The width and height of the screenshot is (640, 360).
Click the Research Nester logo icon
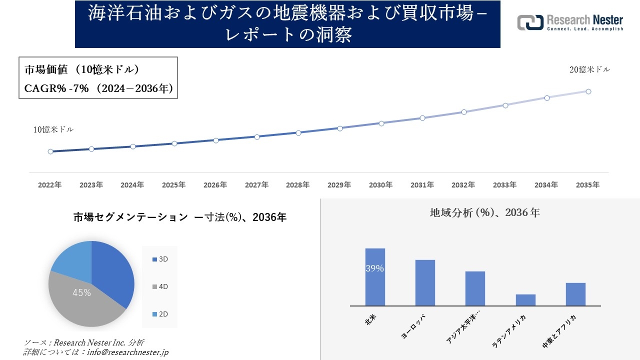tap(530, 22)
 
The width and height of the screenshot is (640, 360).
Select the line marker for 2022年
tap(50, 151)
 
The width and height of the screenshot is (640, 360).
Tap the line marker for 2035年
tap(588, 91)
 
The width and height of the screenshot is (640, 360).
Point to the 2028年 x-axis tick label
tap(298, 185)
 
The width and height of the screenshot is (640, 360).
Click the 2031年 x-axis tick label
tap(422, 185)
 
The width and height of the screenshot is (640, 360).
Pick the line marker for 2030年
tap(381, 123)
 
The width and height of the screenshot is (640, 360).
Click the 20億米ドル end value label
tap(589, 70)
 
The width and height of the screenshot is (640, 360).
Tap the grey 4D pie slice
tap(80, 300)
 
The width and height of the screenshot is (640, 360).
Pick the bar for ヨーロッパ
tap(425, 282)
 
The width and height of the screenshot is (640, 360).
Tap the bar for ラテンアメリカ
tap(525, 300)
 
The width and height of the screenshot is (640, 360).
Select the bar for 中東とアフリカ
tap(575, 294)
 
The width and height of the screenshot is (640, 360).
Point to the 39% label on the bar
tap(374, 268)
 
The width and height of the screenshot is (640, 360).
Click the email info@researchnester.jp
tap(127, 352)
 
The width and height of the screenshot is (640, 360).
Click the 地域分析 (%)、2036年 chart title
tap(485, 212)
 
